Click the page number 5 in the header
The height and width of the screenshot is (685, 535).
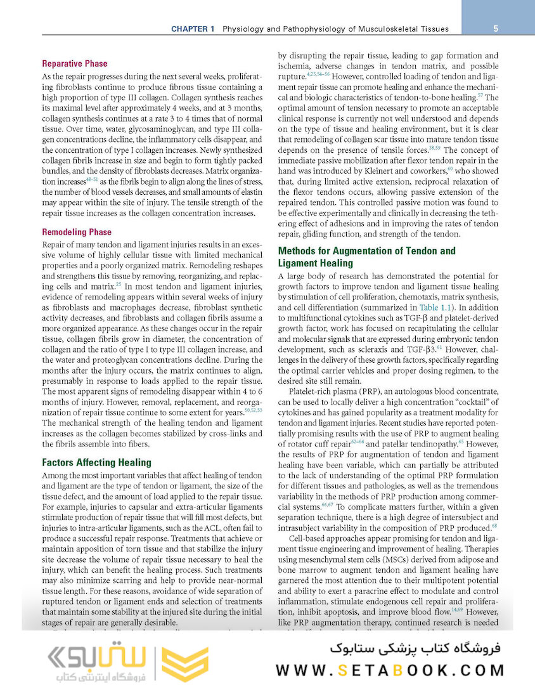[x=495, y=29]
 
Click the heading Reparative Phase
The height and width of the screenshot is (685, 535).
[x=74, y=63]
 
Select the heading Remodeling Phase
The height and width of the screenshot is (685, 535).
[x=76, y=232]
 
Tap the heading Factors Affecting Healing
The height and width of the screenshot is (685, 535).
[x=96, y=462]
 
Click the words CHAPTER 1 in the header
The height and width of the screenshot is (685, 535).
[x=193, y=29]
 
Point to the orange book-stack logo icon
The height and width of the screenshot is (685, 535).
[x=184, y=665]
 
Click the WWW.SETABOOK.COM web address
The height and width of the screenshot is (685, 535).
[x=389, y=670]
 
